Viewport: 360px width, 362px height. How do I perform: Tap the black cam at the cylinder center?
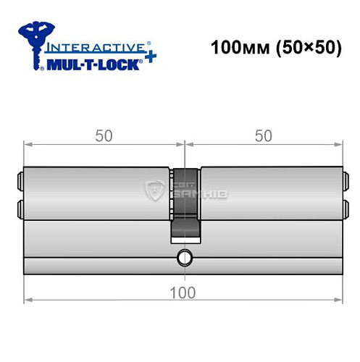pyautogui.click(x=185, y=203)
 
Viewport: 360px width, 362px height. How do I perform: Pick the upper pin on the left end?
pyautogui.click(x=18, y=177)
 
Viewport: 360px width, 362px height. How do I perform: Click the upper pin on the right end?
pyautogui.click(x=344, y=177)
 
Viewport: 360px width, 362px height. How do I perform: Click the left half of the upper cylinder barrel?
pyautogui.click(x=98, y=192)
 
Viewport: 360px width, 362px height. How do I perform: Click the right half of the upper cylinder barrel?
pyautogui.click(x=268, y=192)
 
